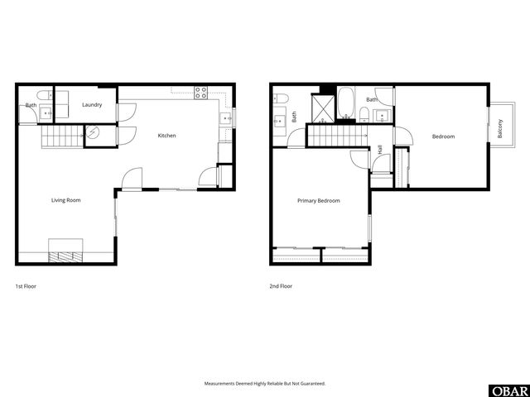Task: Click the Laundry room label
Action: point(92,105)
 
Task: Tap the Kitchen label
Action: point(167,136)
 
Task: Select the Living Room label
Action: point(66,200)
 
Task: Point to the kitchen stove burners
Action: point(200,93)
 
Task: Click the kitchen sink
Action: point(225,119)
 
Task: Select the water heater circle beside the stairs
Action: point(94,132)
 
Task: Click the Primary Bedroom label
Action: point(319,201)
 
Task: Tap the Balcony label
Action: point(500,128)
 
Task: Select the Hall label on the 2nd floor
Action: point(379,151)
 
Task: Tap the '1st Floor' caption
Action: point(26,286)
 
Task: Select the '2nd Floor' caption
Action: point(281,286)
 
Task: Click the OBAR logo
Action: point(508,390)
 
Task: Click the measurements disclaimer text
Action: point(265,384)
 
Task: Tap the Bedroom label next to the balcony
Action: point(443,136)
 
